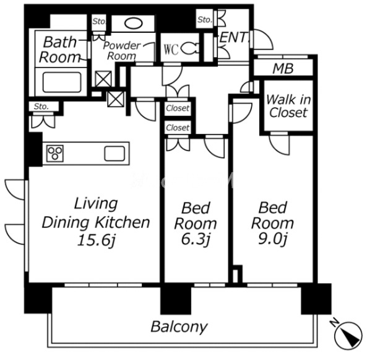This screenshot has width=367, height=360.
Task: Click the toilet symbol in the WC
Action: coord(190,49)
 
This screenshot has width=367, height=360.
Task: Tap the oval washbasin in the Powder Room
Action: coord(133,24)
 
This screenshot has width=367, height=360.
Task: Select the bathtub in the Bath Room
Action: coord(62,82)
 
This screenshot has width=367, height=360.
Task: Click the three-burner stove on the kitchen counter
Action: coord(55,154)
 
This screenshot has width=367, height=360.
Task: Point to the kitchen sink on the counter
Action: coord(114,154)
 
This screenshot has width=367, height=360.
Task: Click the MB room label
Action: coord(283,69)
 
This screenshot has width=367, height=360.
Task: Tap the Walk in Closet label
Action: coord(288,106)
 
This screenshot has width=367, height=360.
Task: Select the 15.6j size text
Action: coord(97,240)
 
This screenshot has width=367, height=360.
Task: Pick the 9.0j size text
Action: coord(273,239)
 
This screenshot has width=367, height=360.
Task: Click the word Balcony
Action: coord(179,327)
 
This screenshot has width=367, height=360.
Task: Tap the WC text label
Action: coord(171,49)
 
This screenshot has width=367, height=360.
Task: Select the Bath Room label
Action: coord(60,50)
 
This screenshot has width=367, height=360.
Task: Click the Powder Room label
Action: coord(122,51)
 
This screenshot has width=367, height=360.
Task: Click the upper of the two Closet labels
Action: coord(178,108)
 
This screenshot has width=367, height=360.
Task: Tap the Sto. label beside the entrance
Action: coord(205,20)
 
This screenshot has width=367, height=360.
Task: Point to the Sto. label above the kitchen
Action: coord(41,107)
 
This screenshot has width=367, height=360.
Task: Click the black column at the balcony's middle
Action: coord(176,301)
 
